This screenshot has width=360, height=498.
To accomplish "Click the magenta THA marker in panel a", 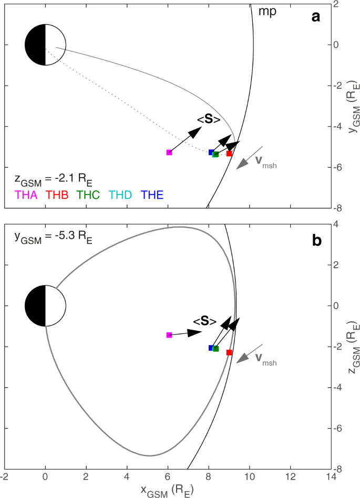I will coord(169,153).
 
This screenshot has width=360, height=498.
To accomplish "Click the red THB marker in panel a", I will coord(229,154).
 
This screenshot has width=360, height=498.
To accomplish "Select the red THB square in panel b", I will coord(229,352).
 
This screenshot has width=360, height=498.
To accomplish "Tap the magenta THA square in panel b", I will coord(169,335).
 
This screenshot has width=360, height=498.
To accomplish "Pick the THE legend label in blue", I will coord(151,195).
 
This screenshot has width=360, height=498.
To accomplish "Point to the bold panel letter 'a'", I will coord(316,17).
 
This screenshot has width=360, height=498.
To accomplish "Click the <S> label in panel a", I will coord(209,120).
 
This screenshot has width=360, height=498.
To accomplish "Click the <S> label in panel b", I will coord(204,321).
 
